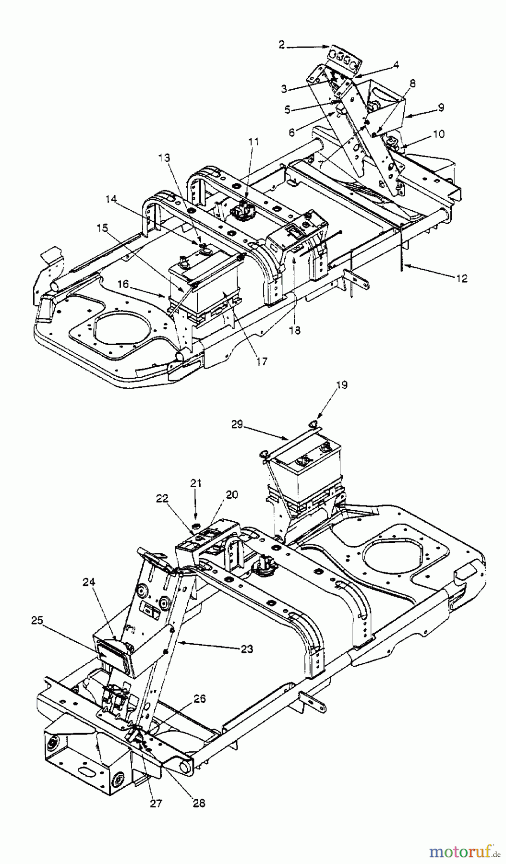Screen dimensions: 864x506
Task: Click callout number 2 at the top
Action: pyautogui.click(x=282, y=46)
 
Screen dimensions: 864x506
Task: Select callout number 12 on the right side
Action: pyautogui.click(x=461, y=278)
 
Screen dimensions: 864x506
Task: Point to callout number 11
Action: pyautogui.click(x=253, y=142)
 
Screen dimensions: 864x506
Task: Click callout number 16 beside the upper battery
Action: pyautogui.click(x=124, y=285)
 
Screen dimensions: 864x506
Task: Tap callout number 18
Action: pyautogui.click(x=295, y=331)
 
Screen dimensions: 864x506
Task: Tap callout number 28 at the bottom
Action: pyautogui.click(x=199, y=802)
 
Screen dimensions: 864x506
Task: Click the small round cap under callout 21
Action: pyautogui.click(x=196, y=526)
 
